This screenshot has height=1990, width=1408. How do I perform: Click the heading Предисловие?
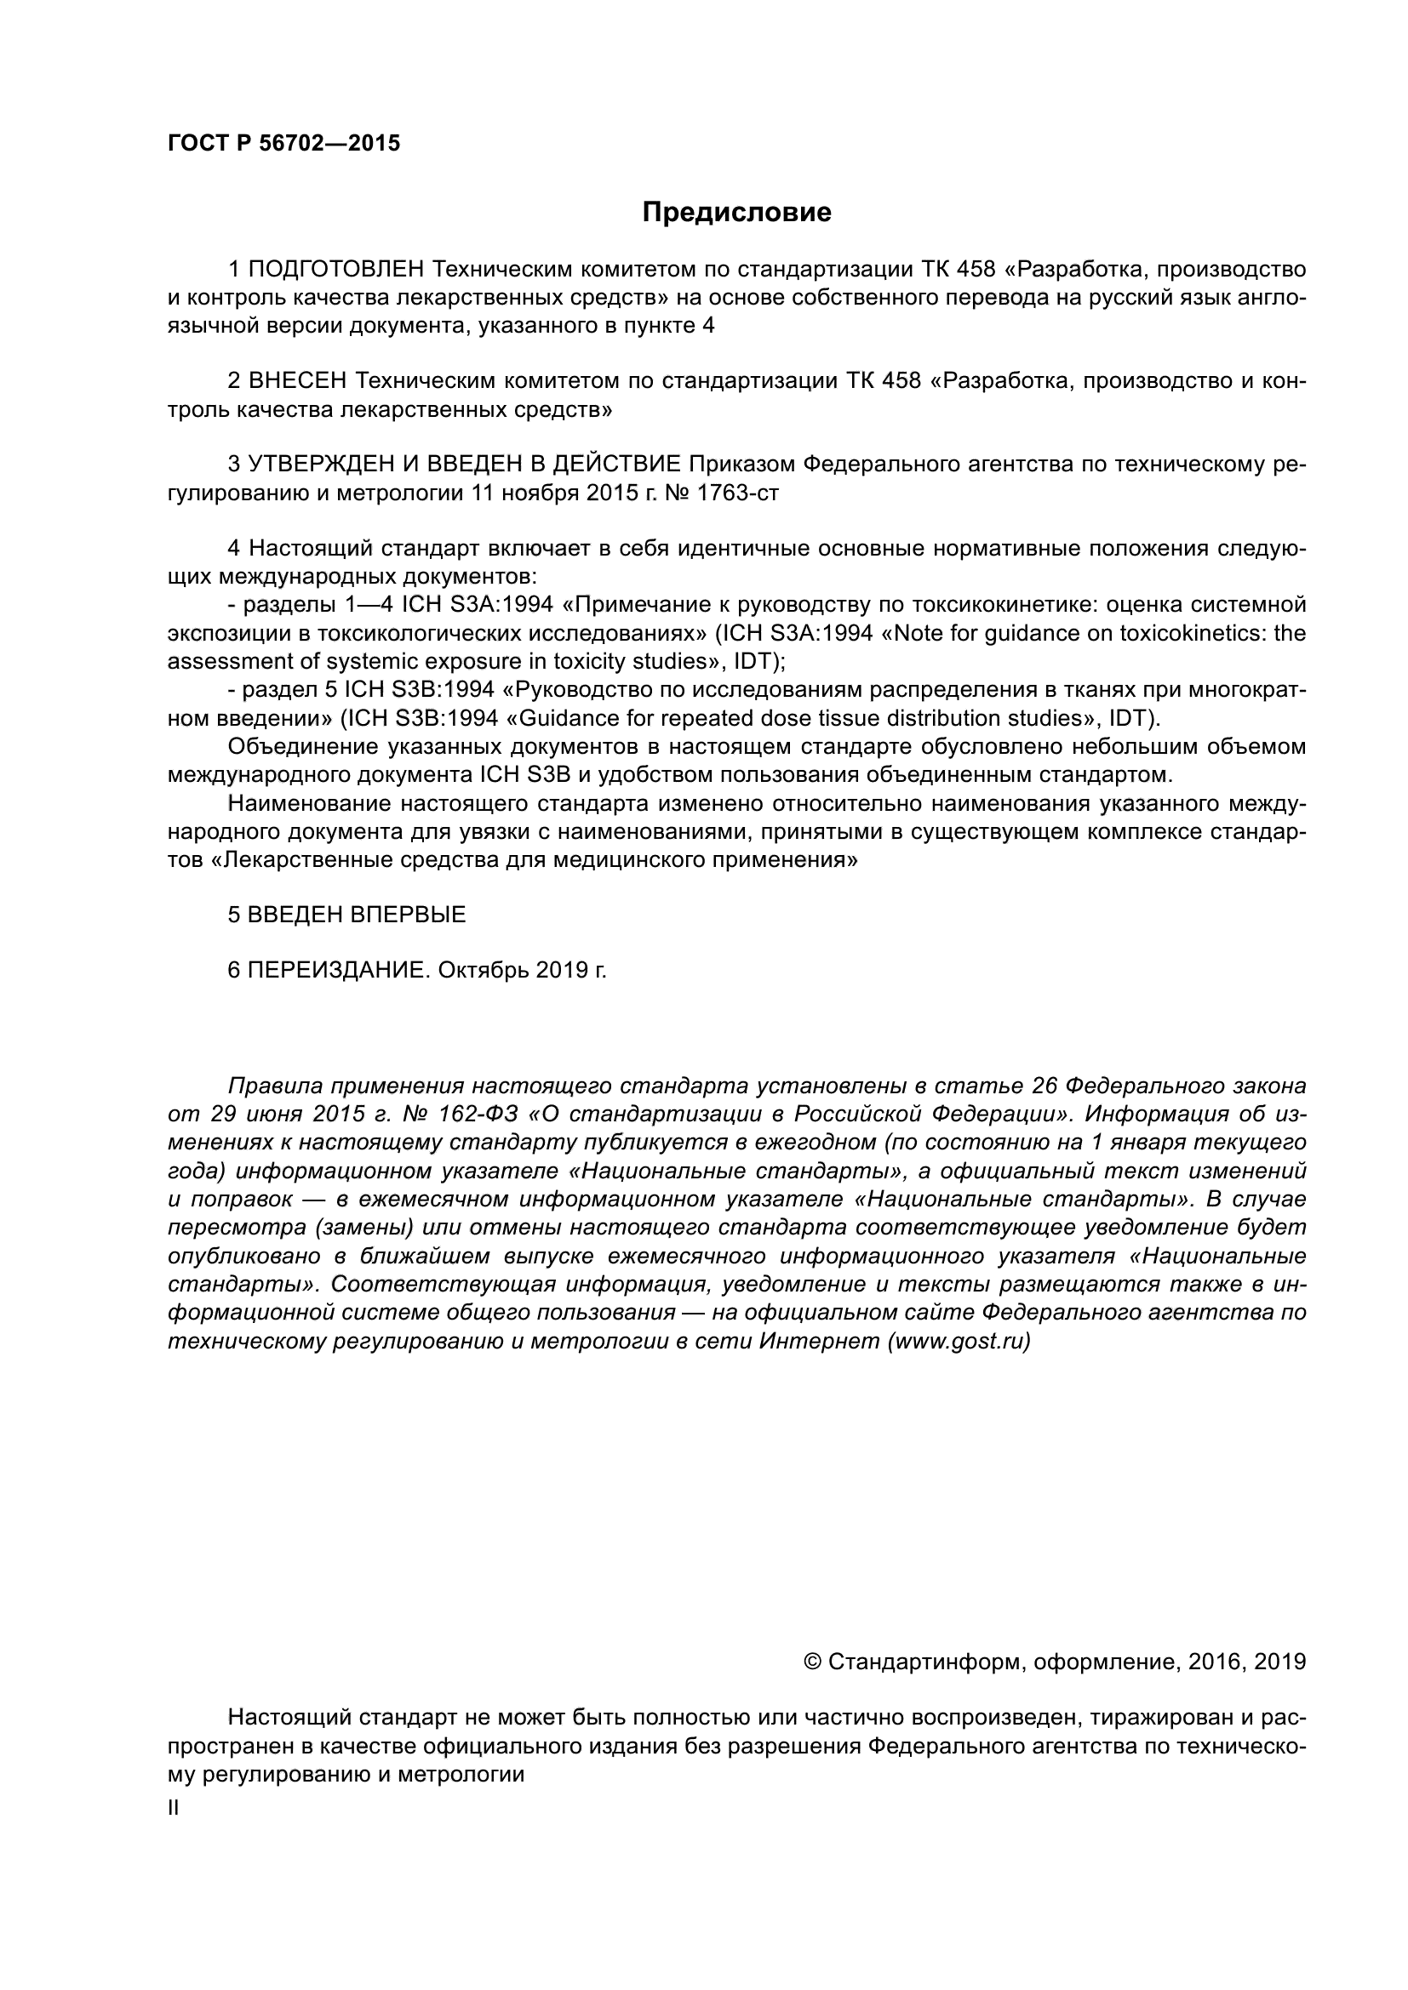[736, 213]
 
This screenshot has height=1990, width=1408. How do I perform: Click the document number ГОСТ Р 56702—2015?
[283, 143]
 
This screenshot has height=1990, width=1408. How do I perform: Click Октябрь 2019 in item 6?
[522, 970]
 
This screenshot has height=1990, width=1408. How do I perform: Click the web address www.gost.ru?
[959, 1341]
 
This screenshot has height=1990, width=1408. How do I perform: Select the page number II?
[174, 1808]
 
